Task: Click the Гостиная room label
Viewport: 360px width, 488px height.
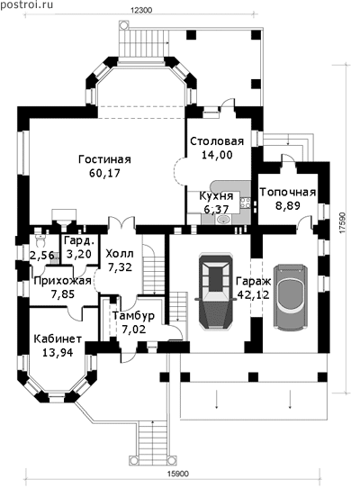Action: point(104,159)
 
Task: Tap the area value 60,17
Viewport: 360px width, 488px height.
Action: point(104,173)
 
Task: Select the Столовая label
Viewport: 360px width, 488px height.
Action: point(217,141)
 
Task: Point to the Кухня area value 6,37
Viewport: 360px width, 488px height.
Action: point(216,209)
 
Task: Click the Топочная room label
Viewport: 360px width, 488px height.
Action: point(288,192)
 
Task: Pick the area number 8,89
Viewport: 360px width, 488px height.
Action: point(288,205)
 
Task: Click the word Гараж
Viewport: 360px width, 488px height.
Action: point(254,281)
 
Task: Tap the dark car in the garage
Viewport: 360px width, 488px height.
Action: point(216,294)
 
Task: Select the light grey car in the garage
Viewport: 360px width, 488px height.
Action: point(291,298)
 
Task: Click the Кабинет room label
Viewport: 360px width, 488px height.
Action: point(58,339)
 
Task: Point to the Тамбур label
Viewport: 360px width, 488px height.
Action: point(133,316)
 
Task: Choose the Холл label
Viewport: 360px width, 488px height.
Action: point(120,254)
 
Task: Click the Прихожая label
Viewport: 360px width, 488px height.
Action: point(62,281)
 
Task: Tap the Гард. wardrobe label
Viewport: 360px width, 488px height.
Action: point(78,240)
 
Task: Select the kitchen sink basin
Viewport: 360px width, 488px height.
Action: point(223,220)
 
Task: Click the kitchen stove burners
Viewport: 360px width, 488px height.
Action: point(245,203)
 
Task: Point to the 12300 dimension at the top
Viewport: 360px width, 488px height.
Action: point(141,10)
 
